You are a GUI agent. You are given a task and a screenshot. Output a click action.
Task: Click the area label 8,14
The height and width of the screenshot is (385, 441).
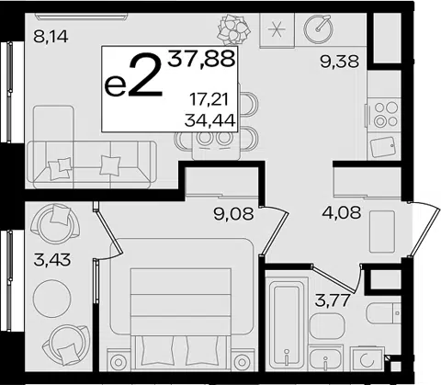click(51, 37)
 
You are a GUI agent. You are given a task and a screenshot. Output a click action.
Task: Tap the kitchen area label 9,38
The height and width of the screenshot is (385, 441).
click(339, 62)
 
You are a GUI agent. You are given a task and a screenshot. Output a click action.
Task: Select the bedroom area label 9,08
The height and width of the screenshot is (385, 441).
click(234, 214)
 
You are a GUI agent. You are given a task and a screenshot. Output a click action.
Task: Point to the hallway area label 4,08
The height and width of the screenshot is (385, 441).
click(342, 212)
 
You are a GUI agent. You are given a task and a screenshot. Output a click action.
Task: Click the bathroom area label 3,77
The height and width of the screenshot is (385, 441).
click(333, 300)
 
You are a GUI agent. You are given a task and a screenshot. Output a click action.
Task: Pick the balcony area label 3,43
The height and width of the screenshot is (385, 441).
click(52, 260)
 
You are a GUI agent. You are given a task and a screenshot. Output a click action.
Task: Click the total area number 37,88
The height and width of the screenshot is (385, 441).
click(201, 59)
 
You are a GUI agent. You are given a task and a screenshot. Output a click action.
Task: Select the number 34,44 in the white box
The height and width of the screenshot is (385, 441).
click(209, 120)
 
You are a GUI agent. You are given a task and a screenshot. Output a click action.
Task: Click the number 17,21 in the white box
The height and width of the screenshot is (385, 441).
click(209, 100)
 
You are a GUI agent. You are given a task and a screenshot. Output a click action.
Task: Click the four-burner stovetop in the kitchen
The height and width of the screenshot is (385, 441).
click(385, 114)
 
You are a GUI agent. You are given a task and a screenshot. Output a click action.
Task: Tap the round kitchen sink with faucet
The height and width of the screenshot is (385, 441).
click(319, 28)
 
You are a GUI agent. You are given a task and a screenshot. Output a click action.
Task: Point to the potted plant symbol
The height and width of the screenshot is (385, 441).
click(234, 29)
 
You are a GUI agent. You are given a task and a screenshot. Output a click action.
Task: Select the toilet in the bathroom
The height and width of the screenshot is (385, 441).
click(383, 313)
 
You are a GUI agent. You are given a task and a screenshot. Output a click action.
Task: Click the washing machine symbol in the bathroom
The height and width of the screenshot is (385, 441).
click(367, 359)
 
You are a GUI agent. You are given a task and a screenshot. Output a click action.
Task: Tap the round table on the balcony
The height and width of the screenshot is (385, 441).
click(51, 299)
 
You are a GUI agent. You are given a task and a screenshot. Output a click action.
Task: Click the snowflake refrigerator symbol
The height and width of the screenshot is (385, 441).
click(277, 30)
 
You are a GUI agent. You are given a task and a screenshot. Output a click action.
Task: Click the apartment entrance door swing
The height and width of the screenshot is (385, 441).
click(424, 227)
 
